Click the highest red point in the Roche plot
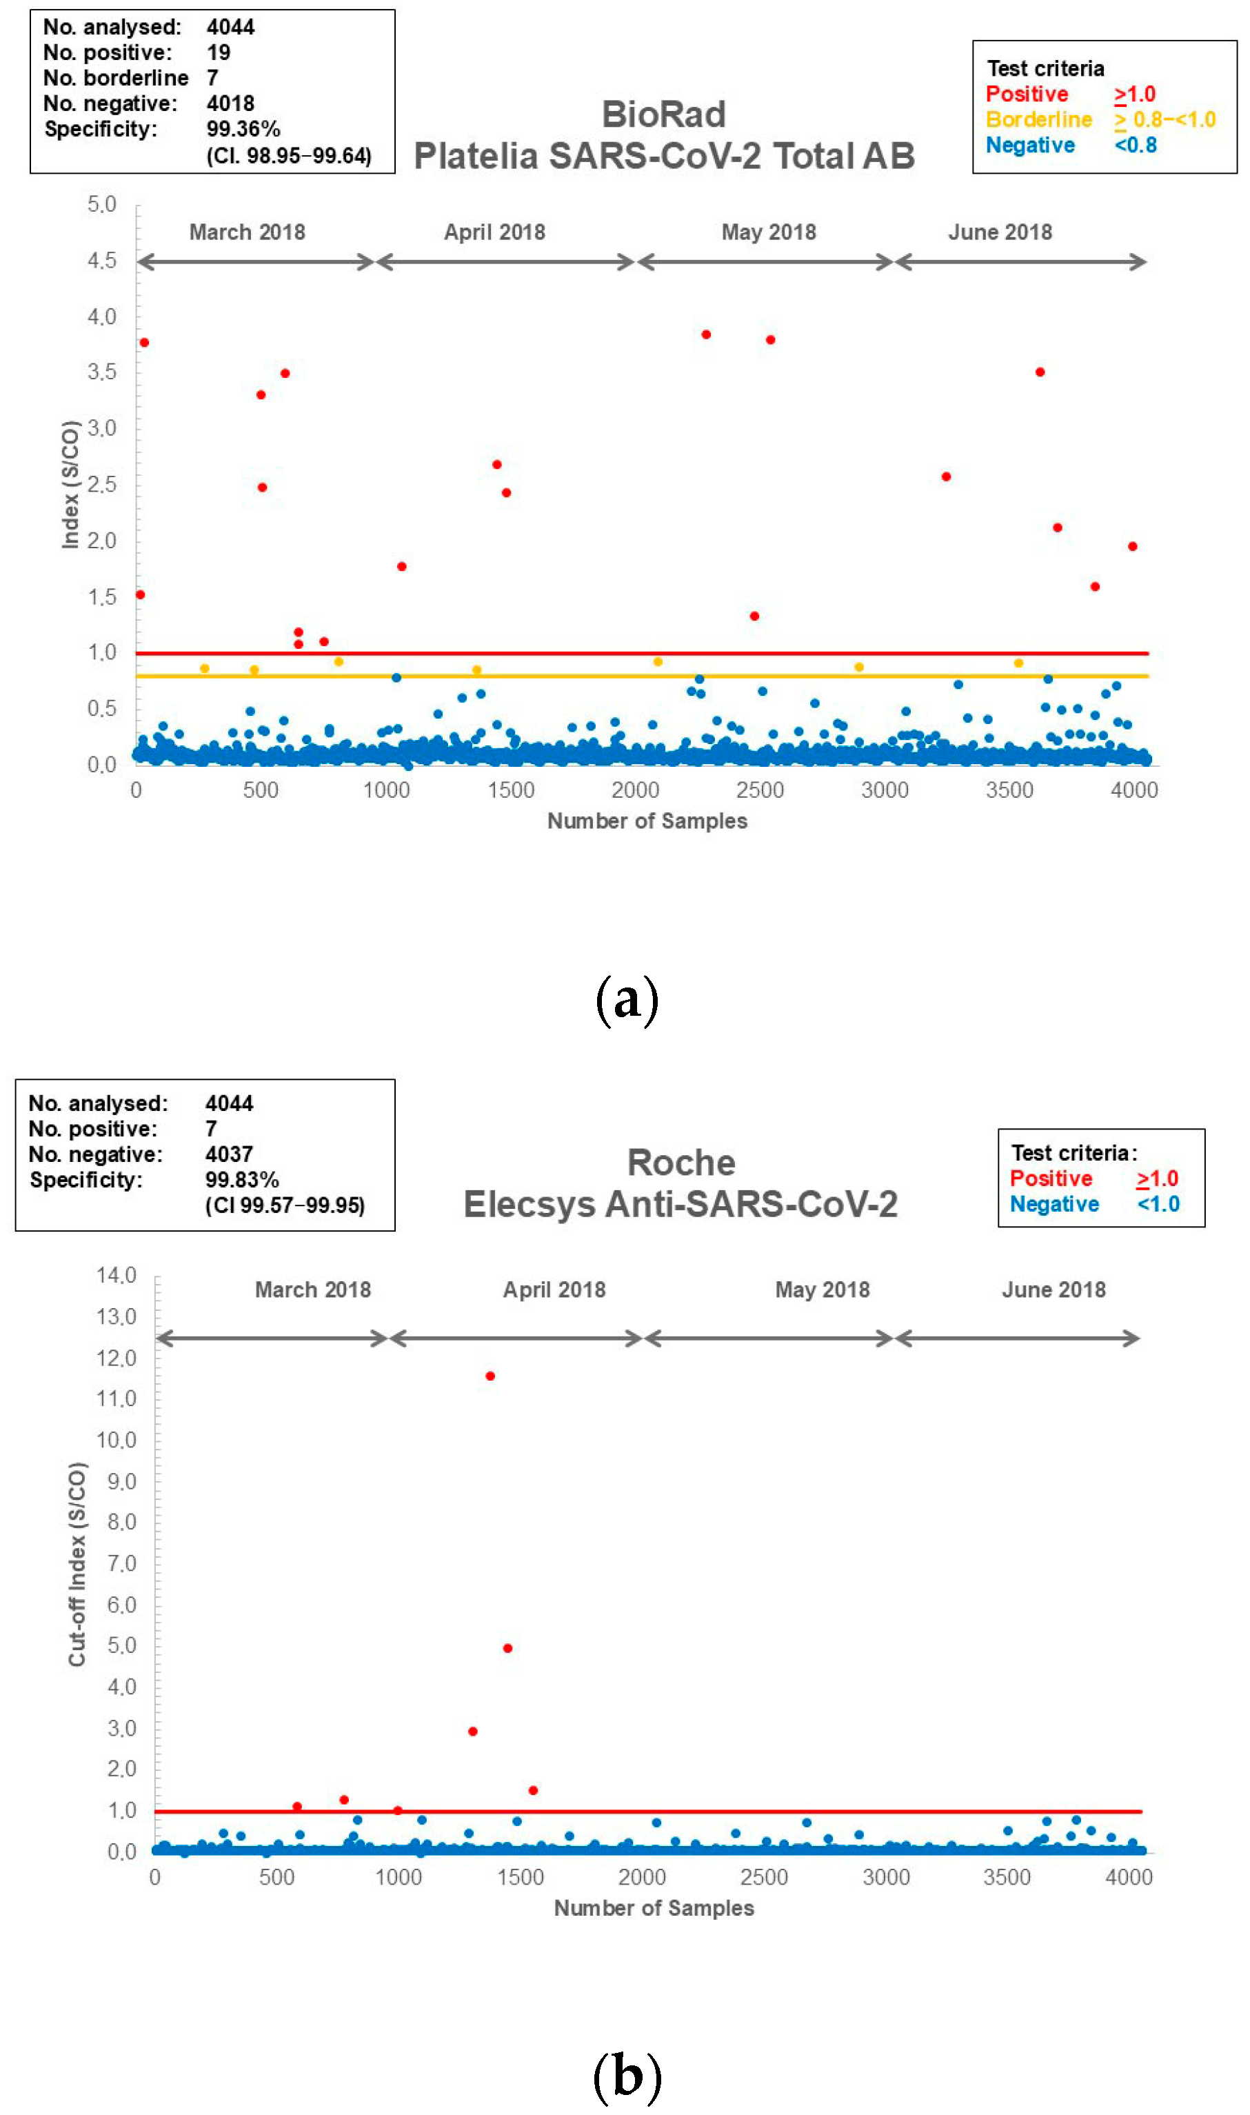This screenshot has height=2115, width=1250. click(490, 1376)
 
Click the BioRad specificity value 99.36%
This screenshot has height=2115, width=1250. click(243, 129)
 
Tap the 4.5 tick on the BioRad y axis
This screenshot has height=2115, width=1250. click(102, 260)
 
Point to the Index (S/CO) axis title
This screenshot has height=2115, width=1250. click(71, 484)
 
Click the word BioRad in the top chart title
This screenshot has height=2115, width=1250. click(664, 114)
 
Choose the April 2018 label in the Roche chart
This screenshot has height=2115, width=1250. click(554, 1290)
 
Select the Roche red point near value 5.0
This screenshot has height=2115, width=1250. click(507, 1647)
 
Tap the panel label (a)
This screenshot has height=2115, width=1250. click(626, 1000)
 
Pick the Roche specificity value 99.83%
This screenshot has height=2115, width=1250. click(242, 1179)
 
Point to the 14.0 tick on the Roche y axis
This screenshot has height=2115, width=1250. click(117, 1275)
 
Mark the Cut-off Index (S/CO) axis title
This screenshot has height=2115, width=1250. click(77, 1564)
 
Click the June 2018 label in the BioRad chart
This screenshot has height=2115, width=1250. click(1000, 232)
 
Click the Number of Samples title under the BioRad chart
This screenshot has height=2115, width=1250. click(647, 821)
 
